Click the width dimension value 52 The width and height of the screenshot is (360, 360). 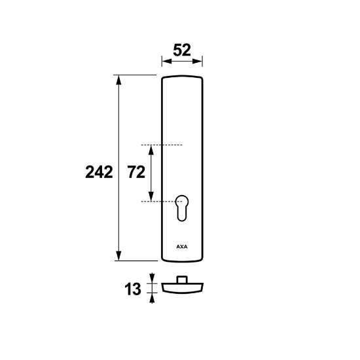pos(182,50)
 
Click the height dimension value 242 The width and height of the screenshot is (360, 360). pos(99,172)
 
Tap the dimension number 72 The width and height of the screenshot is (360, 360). pos(135,172)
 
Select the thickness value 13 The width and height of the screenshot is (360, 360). pos(132,288)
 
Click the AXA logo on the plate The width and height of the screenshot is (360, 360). pos(181,247)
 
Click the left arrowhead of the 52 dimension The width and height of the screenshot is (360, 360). pos(164,62)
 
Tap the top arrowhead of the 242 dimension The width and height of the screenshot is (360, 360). pos(118,79)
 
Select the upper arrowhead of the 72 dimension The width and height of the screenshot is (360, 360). pos(151,149)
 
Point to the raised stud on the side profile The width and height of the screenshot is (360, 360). pos(182,279)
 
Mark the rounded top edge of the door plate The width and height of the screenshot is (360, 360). pos(182,77)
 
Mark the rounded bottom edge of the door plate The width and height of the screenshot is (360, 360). pos(182,259)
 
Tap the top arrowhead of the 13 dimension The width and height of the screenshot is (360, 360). pos(153,278)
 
